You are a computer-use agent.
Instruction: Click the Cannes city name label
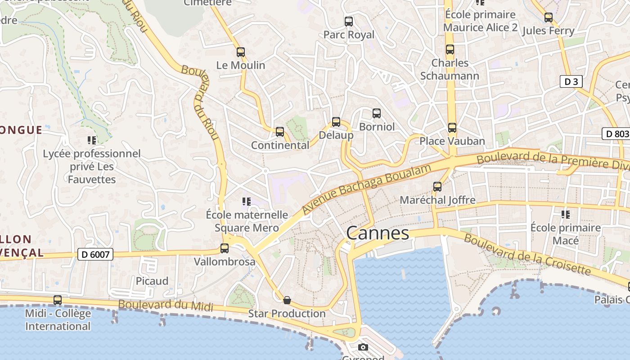click(x=378, y=233)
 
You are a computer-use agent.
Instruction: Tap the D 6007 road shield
click(x=95, y=254)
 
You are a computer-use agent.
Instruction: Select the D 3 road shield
click(x=571, y=81)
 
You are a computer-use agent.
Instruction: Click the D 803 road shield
click(x=616, y=134)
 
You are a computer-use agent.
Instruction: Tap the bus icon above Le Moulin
click(x=241, y=52)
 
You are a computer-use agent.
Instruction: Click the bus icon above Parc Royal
click(x=348, y=22)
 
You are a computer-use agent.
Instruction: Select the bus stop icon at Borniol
click(x=377, y=113)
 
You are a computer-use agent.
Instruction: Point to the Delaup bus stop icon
click(x=336, y=122)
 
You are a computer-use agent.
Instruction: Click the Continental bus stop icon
click(x=280, y=132)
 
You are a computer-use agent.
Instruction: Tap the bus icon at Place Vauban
click(x=452, y=128)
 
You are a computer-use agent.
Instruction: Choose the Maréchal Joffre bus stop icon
click(x=437, y=186)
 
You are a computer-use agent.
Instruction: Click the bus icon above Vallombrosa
click(x=225, y=248)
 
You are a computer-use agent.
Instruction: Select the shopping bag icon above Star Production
click(x=287, y=300)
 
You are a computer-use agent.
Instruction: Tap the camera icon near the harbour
click(x=363, y=347)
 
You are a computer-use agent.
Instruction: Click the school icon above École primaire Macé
click(x=566, y=215)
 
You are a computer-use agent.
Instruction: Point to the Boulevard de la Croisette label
click(x=527, y=254)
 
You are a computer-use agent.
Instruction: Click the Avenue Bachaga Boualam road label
click(x=366, y=189)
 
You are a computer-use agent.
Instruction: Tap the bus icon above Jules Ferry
click(x=548, y=18)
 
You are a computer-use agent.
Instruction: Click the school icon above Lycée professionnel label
click(x=92, y=140)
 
